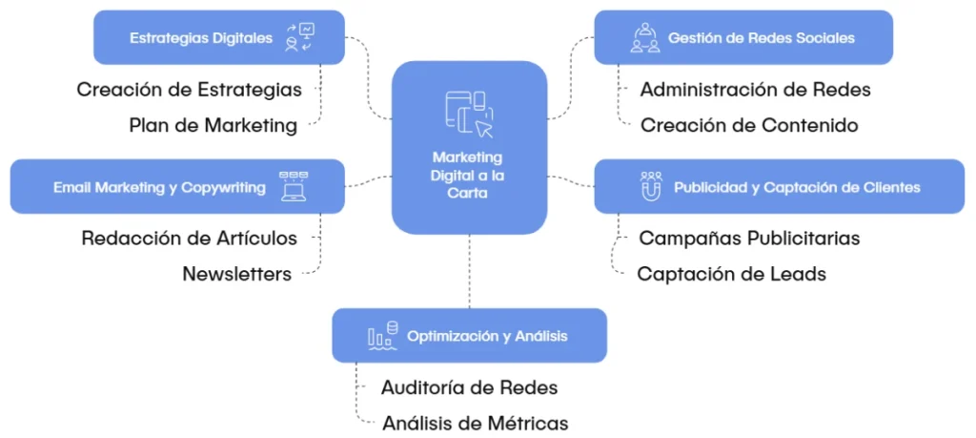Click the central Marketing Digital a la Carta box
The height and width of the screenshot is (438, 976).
[469, 148]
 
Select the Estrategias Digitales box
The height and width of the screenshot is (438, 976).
[218, 38]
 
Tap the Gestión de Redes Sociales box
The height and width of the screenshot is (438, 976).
[742, 38]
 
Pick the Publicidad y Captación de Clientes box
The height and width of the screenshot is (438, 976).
[779, 187]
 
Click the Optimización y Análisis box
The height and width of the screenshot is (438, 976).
[469, 336]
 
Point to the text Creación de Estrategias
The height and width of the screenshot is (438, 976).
[189, 90]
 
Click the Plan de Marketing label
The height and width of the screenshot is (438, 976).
[213, 125]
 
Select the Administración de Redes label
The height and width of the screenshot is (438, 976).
[755, 90]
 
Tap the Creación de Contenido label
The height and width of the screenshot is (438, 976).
[749, 125]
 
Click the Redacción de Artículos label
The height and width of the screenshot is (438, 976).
[189, 238]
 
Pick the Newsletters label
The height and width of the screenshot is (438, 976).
[236, 274]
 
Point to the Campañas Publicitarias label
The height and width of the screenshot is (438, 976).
[749, 238]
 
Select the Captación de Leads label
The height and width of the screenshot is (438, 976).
[731, 274]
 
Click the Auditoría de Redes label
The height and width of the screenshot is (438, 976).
[469, 387]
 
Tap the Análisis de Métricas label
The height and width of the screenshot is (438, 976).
[475, 423]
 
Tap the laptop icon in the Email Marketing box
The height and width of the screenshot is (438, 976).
[294, 187]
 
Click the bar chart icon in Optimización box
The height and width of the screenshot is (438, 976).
[380, 336]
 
